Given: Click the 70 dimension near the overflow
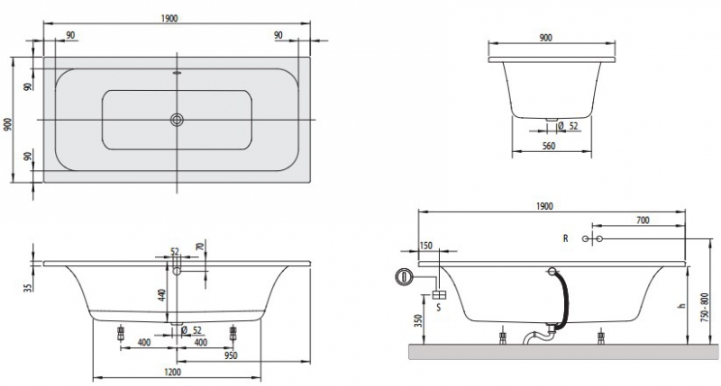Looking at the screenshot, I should pyautogui.click(x=199, y=247).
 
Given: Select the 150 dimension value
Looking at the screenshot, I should pyautogui.click(x=426, y=245).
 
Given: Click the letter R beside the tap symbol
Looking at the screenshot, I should pyautogui.click(x=565, y=238).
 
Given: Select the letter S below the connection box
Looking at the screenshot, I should pyautogui.click(x=439, y=308).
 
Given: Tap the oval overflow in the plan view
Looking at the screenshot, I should pyautogui.click(x=177, y=76).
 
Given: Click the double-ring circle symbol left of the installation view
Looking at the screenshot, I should pyautogui.click(x=405, y=276).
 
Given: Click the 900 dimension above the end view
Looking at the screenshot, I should pyautogui.click(x=546, y=37).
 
